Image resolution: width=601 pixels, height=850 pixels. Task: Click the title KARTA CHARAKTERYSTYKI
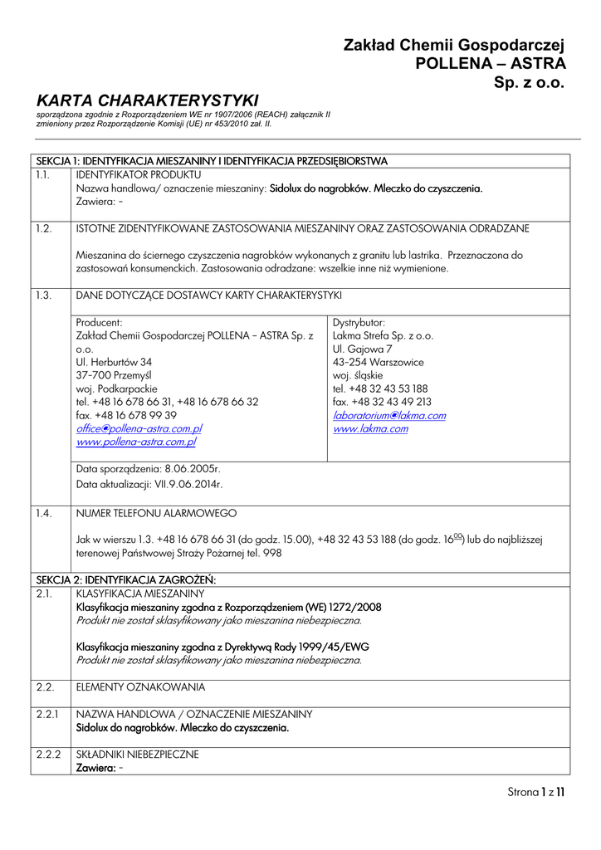click(148, 100)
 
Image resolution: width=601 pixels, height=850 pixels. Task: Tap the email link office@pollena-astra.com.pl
click(139, 428)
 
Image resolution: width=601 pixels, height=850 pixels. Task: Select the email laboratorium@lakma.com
click(388, 415)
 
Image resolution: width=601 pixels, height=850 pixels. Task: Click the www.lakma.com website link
click(370, 428)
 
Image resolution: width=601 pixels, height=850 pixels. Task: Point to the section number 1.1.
click(43, 175)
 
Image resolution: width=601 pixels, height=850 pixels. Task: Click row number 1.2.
click(43, 227)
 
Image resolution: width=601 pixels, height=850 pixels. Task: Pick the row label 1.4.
click(43, 513)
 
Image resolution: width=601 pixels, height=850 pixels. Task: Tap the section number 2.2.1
click(48, 714)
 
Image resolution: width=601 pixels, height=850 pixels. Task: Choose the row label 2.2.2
click(49, 755)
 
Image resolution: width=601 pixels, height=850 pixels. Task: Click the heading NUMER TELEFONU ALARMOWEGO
click(156, 513)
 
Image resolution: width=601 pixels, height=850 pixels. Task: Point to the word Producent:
click(99, 322)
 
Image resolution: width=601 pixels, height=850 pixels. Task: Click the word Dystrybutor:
click(359, 322)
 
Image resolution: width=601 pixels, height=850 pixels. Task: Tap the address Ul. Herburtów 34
click(114, 362)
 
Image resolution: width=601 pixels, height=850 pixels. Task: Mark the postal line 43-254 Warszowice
click(378, 362)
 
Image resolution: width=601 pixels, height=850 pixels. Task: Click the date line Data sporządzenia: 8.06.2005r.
click(148, 469)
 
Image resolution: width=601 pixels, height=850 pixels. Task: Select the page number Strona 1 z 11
click(535, 792)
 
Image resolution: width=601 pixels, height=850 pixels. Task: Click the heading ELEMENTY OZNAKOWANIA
click(140, 687)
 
